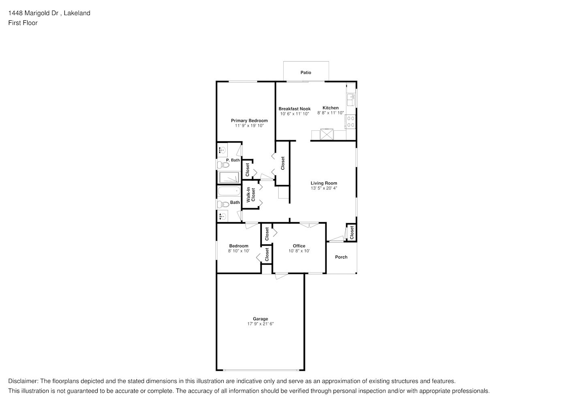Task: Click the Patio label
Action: [306, 73]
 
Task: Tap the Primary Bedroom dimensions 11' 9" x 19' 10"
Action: [249, 125]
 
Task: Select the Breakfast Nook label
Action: [295, 109]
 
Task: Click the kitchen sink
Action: [351, 100]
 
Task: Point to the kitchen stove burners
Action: [351, 122]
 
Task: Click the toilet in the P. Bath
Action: [222, 165]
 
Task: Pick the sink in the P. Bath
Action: [222, 150]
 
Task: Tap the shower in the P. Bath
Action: [229, 178]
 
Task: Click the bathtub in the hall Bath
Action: [229, 191]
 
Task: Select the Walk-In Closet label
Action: [251, 194]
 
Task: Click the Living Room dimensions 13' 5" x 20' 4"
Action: [324, 188]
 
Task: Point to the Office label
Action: [299, 246]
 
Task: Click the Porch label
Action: [341, 257]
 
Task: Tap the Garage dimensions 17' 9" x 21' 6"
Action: [261, 324]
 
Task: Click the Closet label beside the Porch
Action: [352, 233]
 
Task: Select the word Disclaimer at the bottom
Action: [23, 381]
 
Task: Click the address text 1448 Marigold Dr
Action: [34, 13]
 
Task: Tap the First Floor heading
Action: [23, 23]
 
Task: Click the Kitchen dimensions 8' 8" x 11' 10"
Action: [331, 113]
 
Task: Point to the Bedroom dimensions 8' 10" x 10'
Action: [239, 251]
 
